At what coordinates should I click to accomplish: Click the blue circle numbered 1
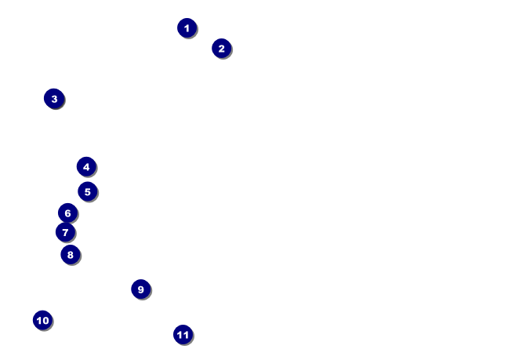187,28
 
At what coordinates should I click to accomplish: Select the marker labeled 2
221,49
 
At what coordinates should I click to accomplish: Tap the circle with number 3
54,99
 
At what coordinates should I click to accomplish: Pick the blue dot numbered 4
86,166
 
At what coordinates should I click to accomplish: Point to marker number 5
87,191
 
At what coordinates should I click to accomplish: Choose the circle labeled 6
67,213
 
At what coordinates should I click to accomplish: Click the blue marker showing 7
65,232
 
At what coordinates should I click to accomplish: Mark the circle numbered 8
70,254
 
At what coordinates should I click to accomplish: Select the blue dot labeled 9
140,289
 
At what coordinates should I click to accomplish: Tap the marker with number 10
42,320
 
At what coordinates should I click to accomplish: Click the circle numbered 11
183,335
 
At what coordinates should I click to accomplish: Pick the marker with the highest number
183,335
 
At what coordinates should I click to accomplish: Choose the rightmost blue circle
221,49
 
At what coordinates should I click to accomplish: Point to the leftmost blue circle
42,320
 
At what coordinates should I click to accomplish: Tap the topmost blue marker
187,28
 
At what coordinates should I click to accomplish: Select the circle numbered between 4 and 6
87,191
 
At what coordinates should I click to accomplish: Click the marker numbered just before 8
65,232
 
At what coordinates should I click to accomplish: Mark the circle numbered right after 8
140,289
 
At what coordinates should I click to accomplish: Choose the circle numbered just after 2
54,99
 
